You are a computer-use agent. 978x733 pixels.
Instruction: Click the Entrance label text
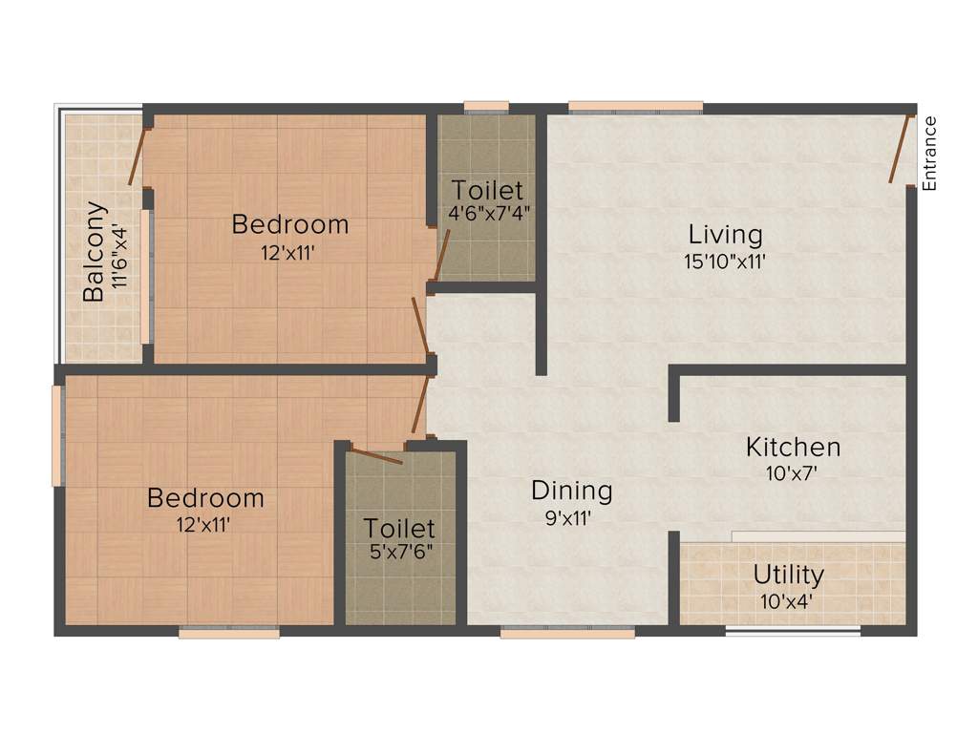tap(930, 153)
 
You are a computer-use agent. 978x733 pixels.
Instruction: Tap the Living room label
tap(726, 234)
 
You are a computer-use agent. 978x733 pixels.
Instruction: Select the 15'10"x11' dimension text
tap(726, 261)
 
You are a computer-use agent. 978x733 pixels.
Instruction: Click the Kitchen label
tap(793, 447)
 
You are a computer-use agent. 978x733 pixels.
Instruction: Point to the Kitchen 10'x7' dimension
tap(793, 471)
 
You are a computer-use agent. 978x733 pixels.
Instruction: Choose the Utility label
tap(789, 576)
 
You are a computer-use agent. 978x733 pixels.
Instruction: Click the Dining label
tap(572, 491)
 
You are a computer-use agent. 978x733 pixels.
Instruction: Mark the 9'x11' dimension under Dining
tap(572, 520)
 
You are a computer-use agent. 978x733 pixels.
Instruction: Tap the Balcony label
tap(93, 251)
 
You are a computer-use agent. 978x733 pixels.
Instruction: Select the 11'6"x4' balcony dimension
tap(118, 256)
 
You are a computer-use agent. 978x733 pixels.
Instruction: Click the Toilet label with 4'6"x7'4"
tap(488, 189)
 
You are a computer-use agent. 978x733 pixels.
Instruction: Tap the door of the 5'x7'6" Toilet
tap(376, 453)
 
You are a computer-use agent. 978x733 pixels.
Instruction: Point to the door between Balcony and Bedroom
tap(138, 155)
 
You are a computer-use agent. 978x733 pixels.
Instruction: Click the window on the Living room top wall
tap(635, 107)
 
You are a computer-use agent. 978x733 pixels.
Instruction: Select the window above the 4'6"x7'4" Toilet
tap(486, 107)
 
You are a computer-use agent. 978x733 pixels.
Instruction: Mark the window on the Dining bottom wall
tap(567, 631)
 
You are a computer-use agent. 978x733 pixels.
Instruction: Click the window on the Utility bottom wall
tap(792, 631)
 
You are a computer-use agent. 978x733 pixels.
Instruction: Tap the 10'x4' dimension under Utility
tap(789, 602)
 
